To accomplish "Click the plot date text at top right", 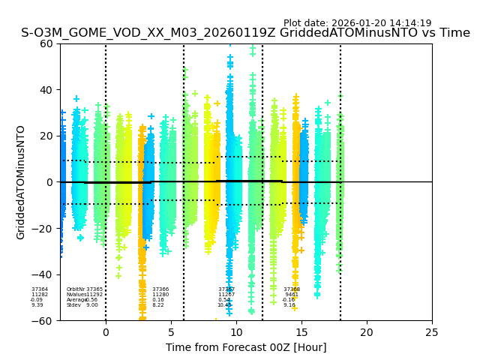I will pos(357,23).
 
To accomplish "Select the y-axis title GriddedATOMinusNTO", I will pos(21,182).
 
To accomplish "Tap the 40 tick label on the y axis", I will pos(46,90).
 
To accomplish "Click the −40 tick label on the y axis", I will pos(43,274).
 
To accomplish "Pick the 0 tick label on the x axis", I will pos(106,331).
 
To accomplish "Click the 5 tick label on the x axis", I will pos(171,331).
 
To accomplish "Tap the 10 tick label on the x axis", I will pos(236,331).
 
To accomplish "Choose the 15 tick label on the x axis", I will pos(301,331).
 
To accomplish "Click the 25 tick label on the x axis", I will pos(432,331).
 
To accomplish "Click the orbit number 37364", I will pos(40,289).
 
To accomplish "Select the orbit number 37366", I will pos(160,289).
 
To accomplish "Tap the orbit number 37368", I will pos(292,289).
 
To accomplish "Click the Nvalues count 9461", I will pos(292,295).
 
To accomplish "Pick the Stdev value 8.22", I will pos(158,305).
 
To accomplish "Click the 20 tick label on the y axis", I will pos(46,136).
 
